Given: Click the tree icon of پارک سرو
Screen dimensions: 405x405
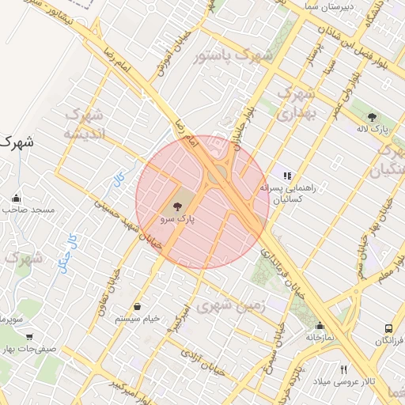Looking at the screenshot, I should point(176,206).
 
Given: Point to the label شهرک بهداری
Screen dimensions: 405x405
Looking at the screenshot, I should point(297,103).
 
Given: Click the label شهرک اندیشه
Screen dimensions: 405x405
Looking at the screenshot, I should point(85,123).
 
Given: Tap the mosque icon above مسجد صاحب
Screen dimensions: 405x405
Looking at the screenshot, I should point(17,198).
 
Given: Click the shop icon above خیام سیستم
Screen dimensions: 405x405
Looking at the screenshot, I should point(138,306).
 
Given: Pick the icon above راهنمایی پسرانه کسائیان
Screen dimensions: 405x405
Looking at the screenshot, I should point(287,176).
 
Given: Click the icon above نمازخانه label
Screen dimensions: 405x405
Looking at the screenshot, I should point(320,325).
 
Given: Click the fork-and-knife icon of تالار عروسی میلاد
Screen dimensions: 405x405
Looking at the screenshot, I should point(343,369).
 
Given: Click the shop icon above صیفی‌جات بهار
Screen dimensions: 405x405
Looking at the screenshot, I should point(29,337).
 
